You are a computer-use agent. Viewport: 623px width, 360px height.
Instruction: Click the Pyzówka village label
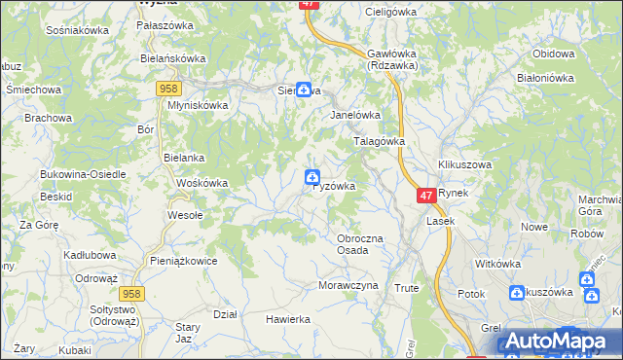point(334,186)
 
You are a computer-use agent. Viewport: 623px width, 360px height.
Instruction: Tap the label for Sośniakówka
point(77,30)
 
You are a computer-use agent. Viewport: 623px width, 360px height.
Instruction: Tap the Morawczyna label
point(346,285)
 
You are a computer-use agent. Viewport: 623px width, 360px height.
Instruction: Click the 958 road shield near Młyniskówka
point(165,89)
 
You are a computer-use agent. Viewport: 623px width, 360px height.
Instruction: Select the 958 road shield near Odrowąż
point(132,292)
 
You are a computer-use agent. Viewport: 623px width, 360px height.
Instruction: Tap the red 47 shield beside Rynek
point(426,196)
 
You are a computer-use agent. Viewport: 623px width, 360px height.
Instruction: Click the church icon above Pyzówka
point(311,176)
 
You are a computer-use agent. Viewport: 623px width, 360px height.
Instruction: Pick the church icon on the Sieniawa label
point(304,90)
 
